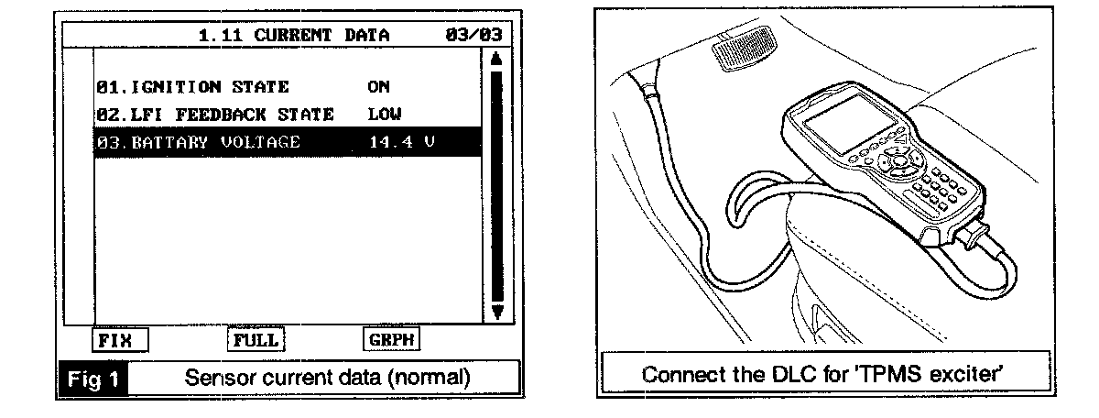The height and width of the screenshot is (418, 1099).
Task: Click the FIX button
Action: click(x=120, y=339)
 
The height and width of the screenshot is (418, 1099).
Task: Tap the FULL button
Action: click(x=253, y=339)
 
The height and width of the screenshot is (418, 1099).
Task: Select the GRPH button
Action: click(x=390, y=339)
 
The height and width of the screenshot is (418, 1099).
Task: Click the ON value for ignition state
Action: click(x=378, y=87)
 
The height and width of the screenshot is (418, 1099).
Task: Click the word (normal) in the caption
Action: click(x=431, y=377)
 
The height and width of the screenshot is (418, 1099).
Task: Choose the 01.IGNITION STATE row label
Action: click(x=192, y=87)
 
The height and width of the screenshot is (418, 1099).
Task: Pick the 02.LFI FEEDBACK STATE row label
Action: click(x=214, y=115)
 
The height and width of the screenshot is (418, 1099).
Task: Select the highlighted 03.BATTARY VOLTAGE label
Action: click(x=197, y=142)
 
